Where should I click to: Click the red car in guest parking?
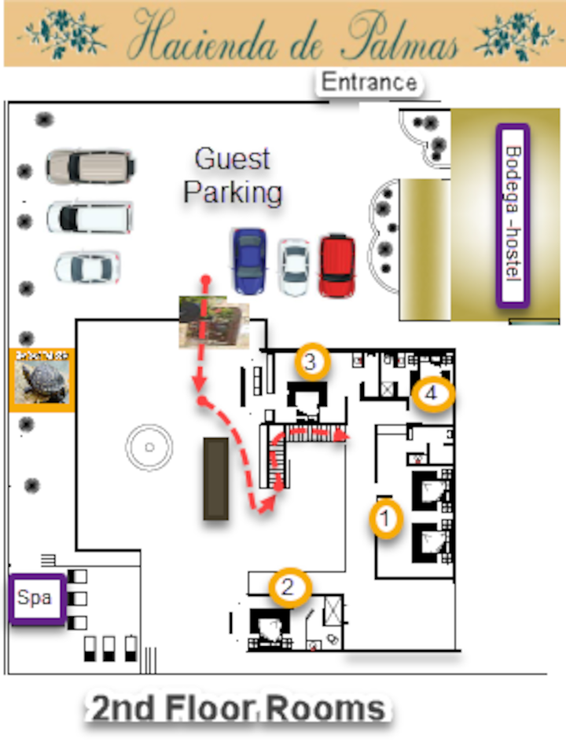tap(337, 265)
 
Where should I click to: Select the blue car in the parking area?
tap(248, 261)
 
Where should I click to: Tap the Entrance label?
tap(369, 82)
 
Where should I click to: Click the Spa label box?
tap(35, 598)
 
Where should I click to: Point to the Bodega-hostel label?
tap(513, 214)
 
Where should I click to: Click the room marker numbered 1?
tap(385, 517)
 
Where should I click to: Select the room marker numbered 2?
tap(288, 586)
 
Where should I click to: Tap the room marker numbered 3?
tap(311, 362)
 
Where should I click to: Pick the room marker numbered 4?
tap(432, 394)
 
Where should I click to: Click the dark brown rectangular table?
tap(216, 478)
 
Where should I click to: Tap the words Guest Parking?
tap(233, 175)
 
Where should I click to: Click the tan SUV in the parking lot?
tap(90, 166)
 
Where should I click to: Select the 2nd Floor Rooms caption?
tap(237, 710)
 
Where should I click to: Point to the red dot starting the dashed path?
tap(205, 279)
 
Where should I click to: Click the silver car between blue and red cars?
tap(295, 267)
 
